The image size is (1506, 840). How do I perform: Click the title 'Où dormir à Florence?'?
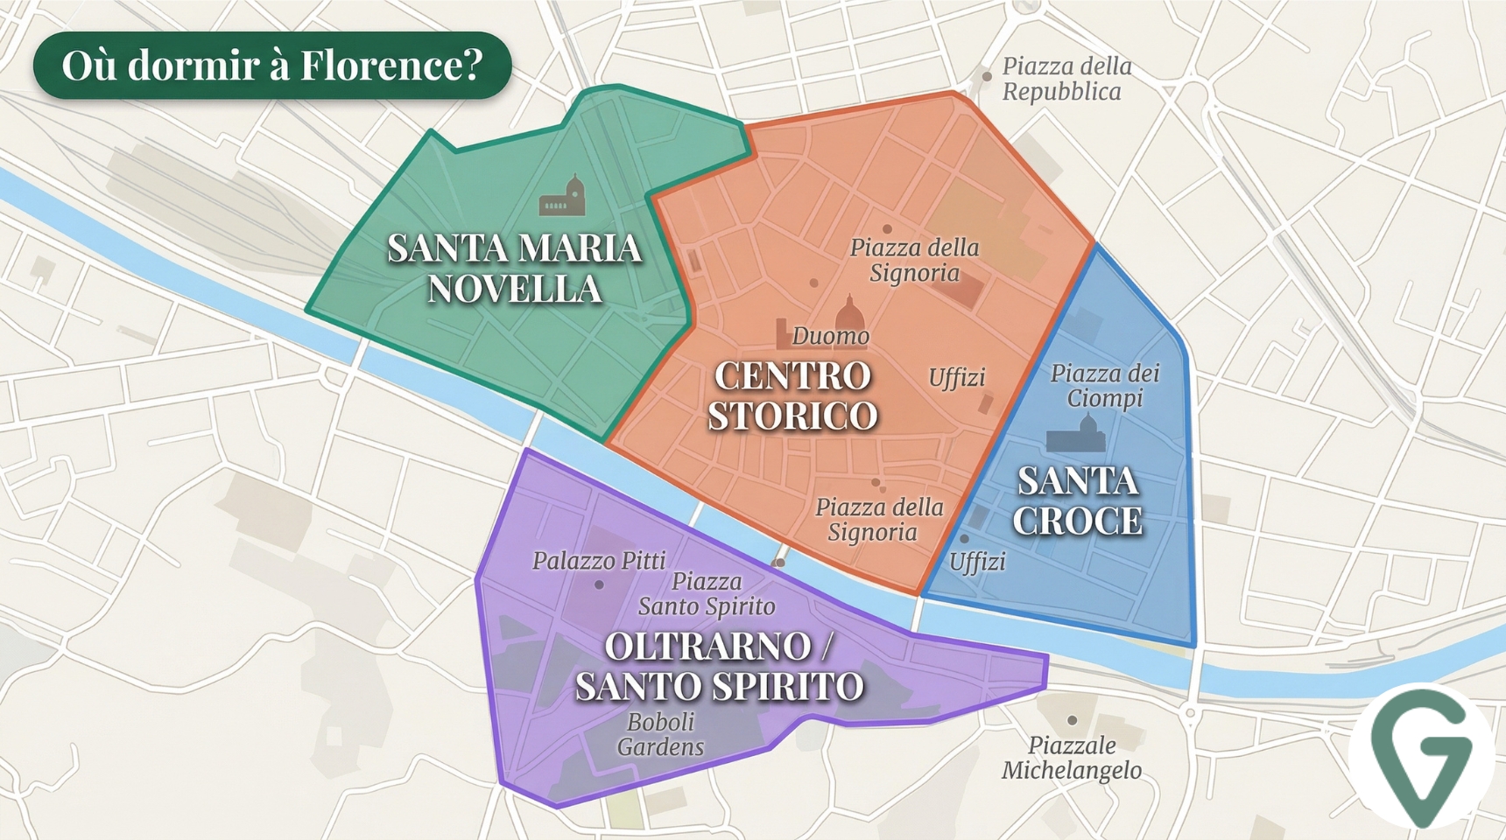272,66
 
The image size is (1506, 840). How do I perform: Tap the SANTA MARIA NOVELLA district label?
515,269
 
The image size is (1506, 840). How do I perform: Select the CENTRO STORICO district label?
792,395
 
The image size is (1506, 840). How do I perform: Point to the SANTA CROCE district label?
1078,500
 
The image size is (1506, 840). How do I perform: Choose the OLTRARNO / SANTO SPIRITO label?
719,666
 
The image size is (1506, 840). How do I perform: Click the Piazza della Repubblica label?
1066,79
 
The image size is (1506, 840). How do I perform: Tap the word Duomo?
830,336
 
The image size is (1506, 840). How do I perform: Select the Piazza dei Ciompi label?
1105,386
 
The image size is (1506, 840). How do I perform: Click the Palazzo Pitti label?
599,560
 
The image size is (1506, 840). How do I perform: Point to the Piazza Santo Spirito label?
707,593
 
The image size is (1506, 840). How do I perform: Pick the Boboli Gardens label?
660,734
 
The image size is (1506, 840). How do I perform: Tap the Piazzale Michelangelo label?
1072,758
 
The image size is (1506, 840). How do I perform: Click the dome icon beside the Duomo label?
848,312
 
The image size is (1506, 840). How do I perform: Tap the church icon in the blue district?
1076,434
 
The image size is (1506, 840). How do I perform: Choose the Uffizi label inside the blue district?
977,561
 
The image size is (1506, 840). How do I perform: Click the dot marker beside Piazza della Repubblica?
987,77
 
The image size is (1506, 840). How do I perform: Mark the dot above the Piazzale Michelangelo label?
1072,720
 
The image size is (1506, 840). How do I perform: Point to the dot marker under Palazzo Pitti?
599,584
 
